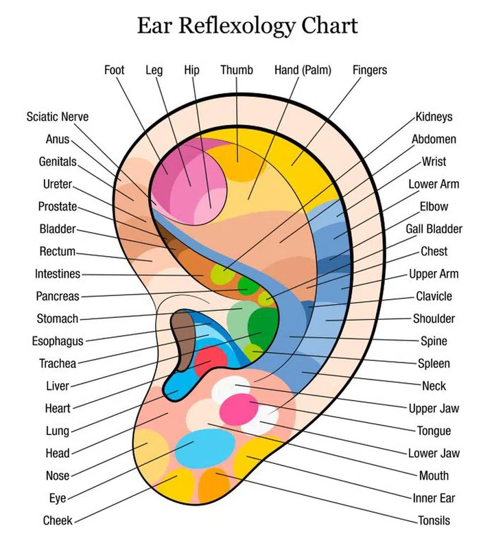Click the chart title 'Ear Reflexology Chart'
(247, 25)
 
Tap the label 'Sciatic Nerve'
(58, 117)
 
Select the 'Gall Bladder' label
(434, 229)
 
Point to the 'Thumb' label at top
(237, 70)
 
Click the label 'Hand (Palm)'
(299, 70)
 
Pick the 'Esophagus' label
(58, 341)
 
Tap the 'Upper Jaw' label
(434, 408)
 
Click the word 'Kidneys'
(434, 117)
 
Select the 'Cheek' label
(58, 520)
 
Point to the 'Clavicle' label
(434, 297)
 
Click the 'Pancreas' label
(58, 297)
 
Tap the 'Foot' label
(115, 70)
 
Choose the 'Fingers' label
(370, 70)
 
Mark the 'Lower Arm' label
(434, 184)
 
